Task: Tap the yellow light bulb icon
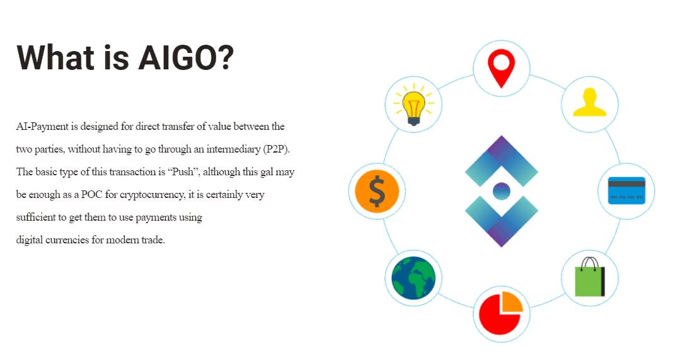pos(413,105)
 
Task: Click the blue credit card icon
pos(626,190)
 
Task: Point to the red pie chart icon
pos(500,313)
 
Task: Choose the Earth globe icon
pos(413,278)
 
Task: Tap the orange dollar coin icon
pos(377,191)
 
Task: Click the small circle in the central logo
pos(501,191)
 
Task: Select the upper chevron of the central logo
pos(502,160)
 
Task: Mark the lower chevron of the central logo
pos(502,221)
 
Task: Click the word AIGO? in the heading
pos(186,58)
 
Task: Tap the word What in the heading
pos(55,57)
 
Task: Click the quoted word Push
pos(183,172)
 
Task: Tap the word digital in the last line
pos(29,240)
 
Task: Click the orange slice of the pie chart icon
pos(512,301)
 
